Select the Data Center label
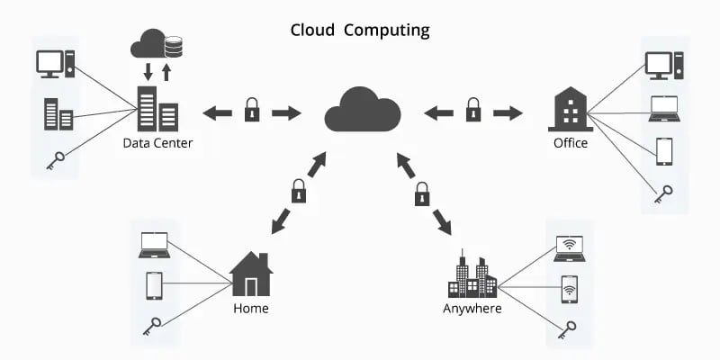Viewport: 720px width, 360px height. coord(157,143)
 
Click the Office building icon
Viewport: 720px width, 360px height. coord(570,110)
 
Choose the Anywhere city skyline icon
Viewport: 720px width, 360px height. coord(472,275)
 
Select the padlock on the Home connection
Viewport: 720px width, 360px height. coord(298,191)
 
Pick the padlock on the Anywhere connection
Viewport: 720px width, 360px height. coord(421,192)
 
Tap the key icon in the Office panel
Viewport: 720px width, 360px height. coord(664,192)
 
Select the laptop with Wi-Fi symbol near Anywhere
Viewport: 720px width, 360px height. coord(569,248)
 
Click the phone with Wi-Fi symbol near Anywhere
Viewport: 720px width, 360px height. coord(569,289)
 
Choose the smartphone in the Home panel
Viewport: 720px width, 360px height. coord(154,285)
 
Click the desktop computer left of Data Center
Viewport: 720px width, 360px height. coord(52,65)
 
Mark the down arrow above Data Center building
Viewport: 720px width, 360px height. coord(148,71)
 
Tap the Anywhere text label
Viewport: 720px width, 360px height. coord(472,309)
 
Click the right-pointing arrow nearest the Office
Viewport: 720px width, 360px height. coord(508,112)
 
